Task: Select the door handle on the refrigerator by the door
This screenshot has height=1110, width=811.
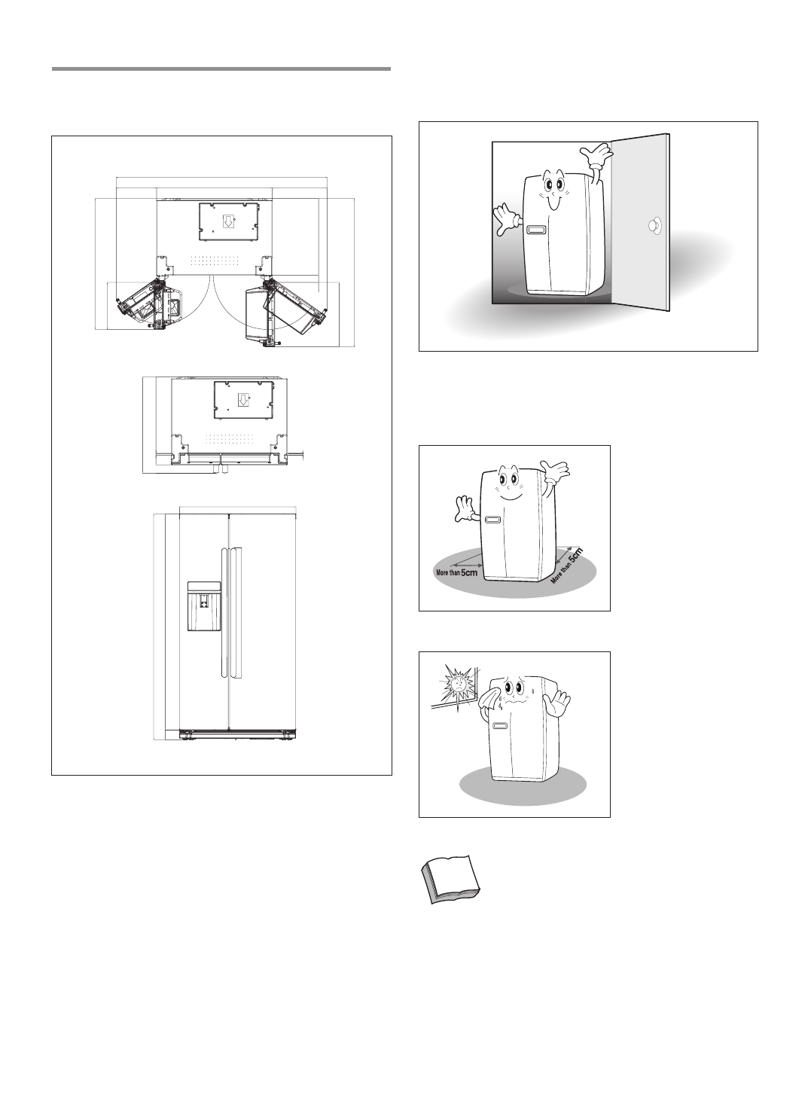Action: [537, 230]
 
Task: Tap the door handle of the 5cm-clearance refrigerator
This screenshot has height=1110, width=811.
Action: [494, 519]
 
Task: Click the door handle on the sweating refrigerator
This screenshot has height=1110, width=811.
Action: [498, 727]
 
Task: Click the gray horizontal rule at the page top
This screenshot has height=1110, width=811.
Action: [221, 69]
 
